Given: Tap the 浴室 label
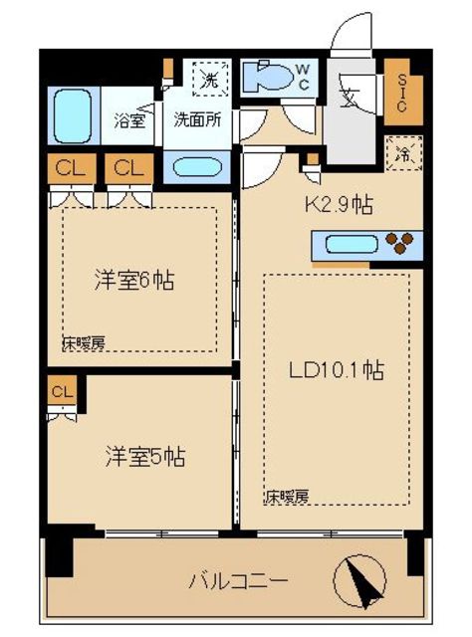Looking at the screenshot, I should (x=130, y=121).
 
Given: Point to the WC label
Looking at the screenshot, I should (x=306, y=77).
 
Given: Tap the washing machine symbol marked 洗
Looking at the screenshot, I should (x=209, y=78).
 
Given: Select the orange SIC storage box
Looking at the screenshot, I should (x=403, y=93).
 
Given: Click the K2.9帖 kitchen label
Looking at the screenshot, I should (x=339, y=206).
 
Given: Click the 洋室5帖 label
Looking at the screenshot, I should (x=145, y=458).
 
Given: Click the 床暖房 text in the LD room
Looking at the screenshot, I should (x=287, y=495).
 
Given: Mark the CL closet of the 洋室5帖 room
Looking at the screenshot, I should (x=62, y=392).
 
